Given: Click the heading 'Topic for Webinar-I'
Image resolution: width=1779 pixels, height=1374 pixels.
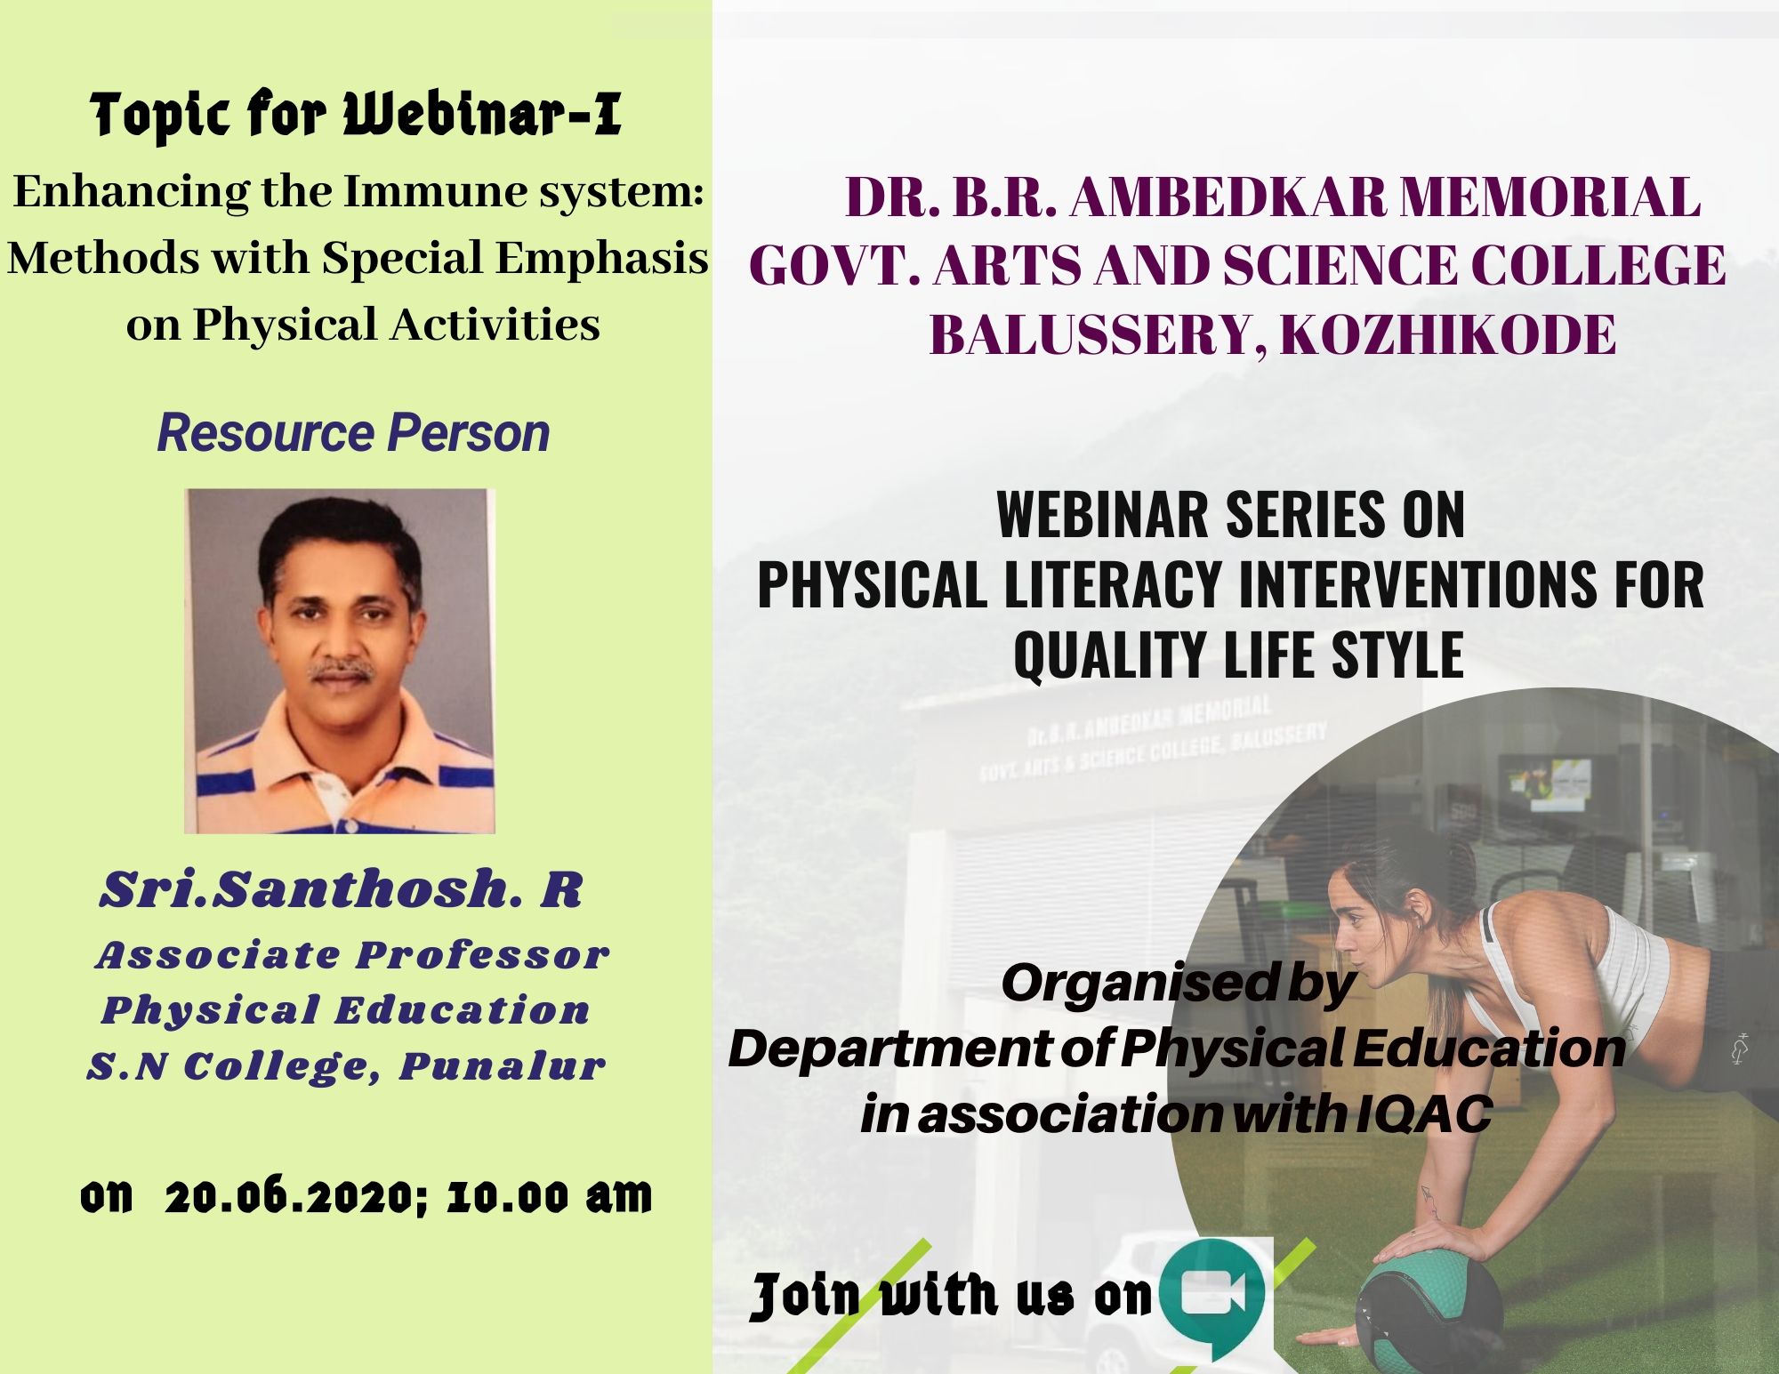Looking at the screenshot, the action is tap(356, 116).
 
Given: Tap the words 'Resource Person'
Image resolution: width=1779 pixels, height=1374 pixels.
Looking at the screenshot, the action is tap(353, 433).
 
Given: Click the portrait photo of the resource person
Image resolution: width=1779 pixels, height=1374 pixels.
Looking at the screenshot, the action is tap(339, 661).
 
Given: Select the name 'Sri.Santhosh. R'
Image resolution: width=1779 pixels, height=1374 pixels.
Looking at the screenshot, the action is tap(341, 889).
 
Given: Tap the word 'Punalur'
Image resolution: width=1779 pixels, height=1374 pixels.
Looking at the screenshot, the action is tap(502, 1066).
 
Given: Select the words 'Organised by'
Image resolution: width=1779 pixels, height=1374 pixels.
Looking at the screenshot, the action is tap(1179, 984).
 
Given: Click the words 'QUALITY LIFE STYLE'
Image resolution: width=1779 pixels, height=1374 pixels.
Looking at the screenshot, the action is tap(1238, 655).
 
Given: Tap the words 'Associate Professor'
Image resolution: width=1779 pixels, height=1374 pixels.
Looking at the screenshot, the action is tap(352, 955).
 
